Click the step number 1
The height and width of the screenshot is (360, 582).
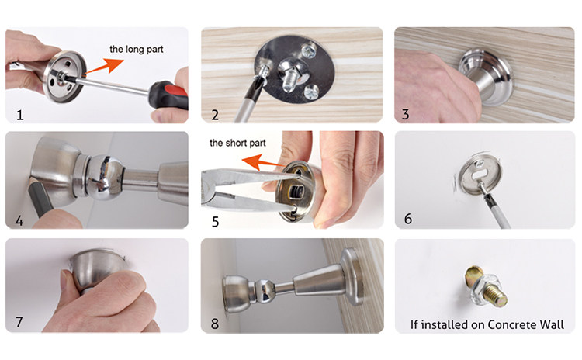point(20,115)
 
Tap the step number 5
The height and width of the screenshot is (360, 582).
point(215,222)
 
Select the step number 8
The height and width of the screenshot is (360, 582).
point(215,324)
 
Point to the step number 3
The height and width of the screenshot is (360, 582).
point(405,114)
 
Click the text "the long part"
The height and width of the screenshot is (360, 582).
point(137,49)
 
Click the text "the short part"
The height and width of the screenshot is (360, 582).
point(237,143)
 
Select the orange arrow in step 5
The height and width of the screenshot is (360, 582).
point(262,162)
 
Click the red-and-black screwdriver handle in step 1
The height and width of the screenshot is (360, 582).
point(169,95)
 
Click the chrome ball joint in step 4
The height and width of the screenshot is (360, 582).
point(105,178)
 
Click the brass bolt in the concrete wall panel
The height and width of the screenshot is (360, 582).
point(486,286)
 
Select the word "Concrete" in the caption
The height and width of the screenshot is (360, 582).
point(505,325)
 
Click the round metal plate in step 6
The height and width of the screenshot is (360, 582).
point(480,175)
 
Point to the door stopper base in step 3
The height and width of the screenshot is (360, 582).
point(487,77)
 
